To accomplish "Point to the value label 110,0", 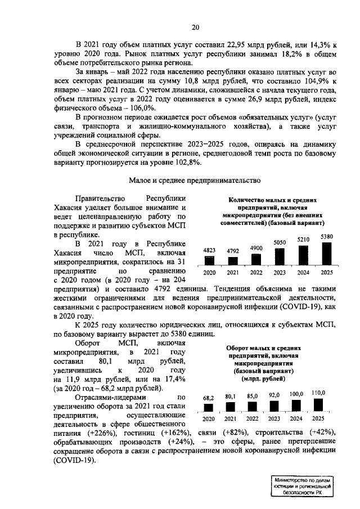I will point(319,392).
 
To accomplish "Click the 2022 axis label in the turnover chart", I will point(252,419).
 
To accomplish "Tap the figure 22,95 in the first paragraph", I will point(243,44).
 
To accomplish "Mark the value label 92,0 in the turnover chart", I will point(274,395).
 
